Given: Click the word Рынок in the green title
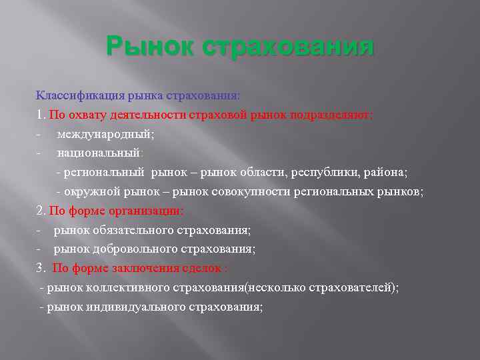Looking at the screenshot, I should click(x=149, y=49).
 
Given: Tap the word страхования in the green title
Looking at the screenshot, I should click(x=287, y=49).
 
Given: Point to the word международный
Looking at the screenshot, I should click(x=105, y=134).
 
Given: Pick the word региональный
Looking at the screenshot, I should click(x=103, y=173).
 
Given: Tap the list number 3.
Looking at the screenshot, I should click(x=39, y=269).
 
